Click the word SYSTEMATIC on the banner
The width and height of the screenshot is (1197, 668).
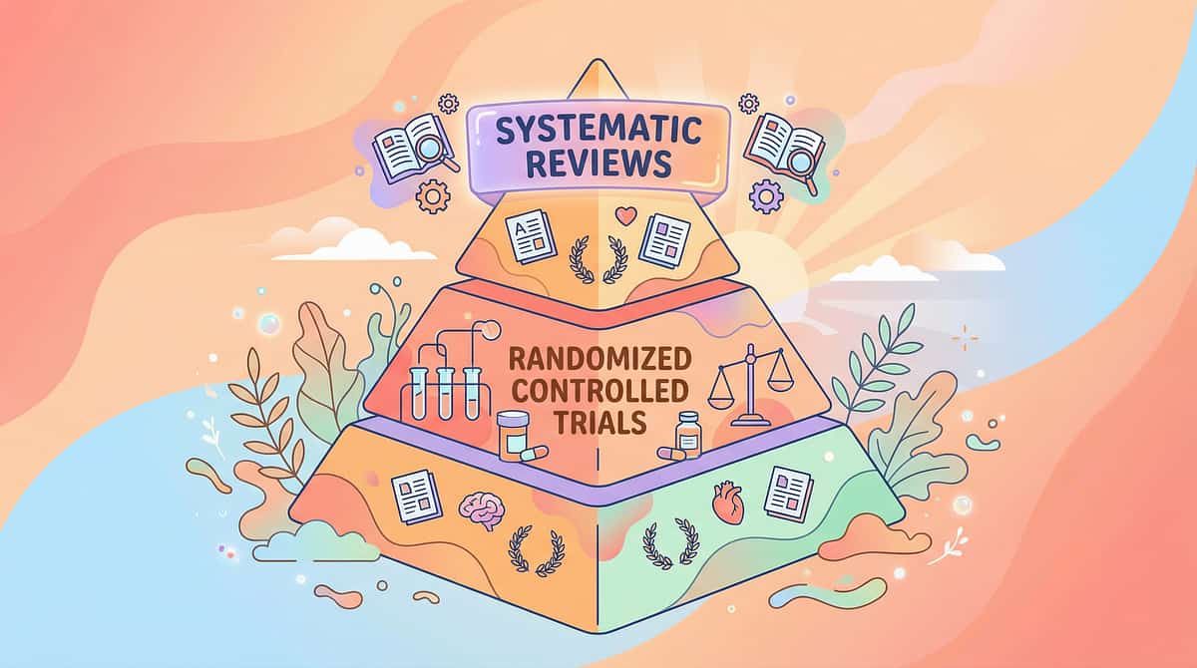(599, 131)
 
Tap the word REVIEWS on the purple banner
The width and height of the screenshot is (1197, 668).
(598, 164)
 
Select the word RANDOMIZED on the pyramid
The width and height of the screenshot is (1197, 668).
(600, 359)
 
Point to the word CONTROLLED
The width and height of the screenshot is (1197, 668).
(600, 392)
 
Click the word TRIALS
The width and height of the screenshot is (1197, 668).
(600, 423)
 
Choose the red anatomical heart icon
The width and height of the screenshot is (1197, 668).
(728, 503)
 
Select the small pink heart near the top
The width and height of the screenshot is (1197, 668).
(625, 215)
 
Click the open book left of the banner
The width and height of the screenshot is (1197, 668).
(408, 149)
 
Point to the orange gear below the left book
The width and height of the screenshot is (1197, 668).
(433, 196)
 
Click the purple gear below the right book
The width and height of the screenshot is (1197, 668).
(766, 196)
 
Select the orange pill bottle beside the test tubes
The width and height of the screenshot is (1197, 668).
(513, 435)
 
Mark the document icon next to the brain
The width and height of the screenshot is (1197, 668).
(417, 497)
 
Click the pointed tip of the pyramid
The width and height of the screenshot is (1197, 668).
(598, 59)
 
